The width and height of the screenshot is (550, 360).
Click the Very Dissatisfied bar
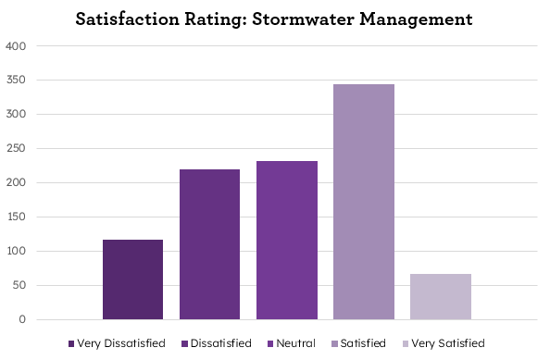coord(132,279)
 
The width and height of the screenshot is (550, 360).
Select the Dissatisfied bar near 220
coord(209,244)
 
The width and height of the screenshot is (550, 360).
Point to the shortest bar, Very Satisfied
coord(440,296)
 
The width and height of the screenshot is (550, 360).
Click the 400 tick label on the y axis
coord(16,45)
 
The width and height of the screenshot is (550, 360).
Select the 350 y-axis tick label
coord(16,81)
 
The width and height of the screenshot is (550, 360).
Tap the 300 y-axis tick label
coord(16,115)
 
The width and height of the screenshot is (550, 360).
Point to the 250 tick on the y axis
coord(16,149)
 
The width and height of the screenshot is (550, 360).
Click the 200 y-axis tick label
coord(16,183)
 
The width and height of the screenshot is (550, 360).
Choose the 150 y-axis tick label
coord(16,217)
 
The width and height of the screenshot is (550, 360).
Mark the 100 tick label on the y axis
coord(16,252)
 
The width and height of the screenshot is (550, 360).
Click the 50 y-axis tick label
coord(19,286)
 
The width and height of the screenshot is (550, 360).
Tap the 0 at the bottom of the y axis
coord(22,320)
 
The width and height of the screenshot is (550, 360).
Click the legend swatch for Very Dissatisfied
coord(71,343)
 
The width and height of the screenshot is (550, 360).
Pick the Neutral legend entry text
coord(295,343)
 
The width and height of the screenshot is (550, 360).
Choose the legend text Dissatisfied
coord(221,343)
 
